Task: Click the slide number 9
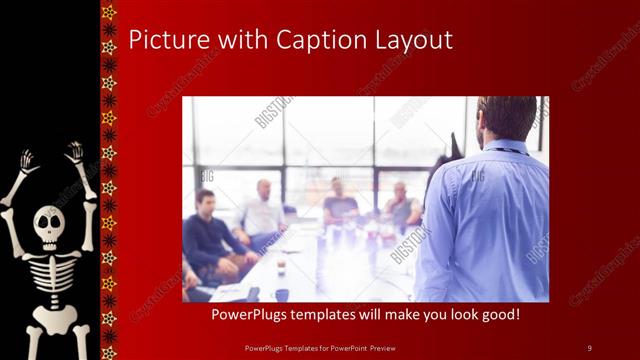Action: tap(589, 347)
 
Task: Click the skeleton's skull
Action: tap(49, 226)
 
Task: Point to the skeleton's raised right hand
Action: tap(74, 153)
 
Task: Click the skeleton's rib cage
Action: tap(50, 276)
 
